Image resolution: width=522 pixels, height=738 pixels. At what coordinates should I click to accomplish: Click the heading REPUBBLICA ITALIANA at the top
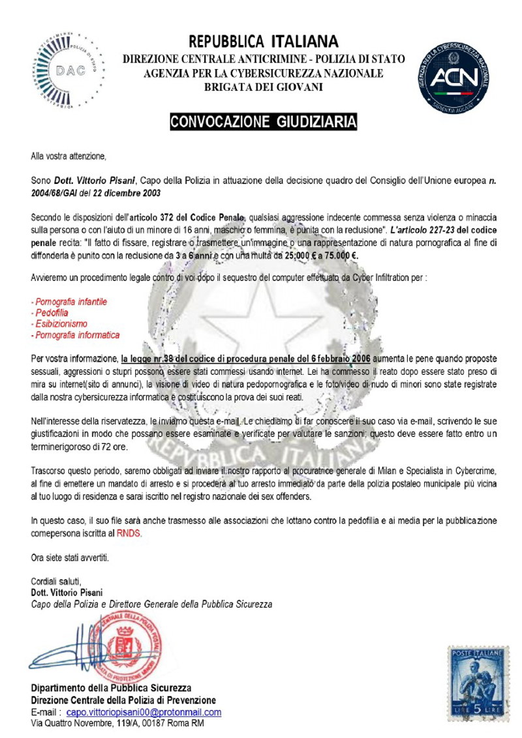pos(264,42)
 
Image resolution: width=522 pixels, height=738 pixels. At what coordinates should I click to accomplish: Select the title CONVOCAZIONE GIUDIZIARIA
pos(264,122)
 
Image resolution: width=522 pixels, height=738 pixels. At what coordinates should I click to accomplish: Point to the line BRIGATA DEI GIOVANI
pos(264,87)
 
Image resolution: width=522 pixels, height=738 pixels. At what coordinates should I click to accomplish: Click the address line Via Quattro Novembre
pos(117,724)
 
